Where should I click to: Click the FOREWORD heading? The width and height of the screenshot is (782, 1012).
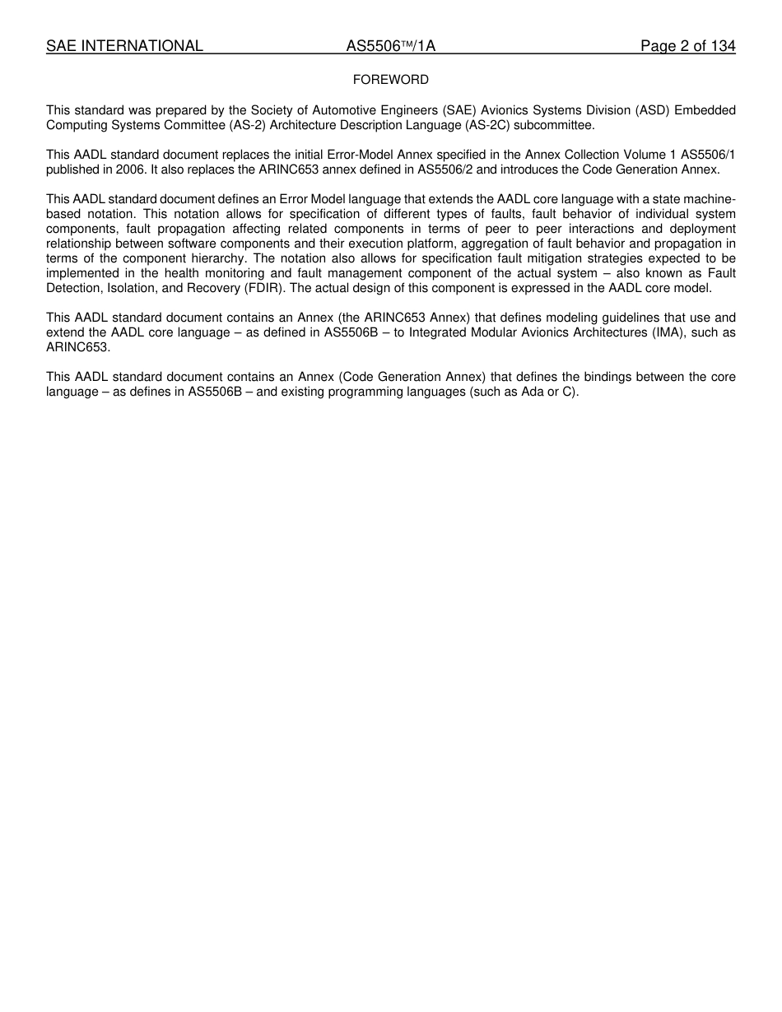pyautogui.click(x=390, y=80)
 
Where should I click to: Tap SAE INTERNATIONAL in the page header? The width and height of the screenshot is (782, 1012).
pyautogui.click(x=124, y=46)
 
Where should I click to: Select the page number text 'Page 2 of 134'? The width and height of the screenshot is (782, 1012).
pyautogui.click(x=687, y=46)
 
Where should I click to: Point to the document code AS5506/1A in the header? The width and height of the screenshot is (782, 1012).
pyautogui.click(x=390, y=46)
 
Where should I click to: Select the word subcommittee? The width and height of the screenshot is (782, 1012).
pyautogui.click(x=552, y=125)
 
